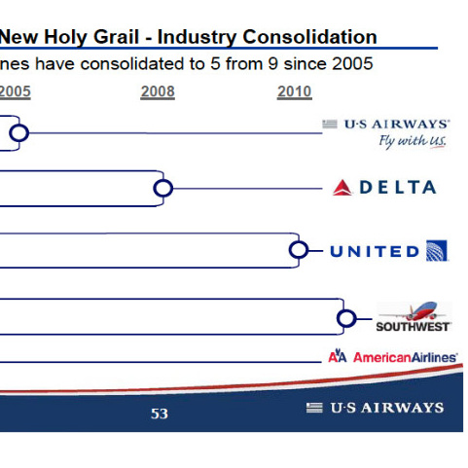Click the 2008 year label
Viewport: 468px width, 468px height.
(158, 91)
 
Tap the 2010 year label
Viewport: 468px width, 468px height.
(295, 91)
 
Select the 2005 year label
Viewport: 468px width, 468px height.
(15, 91)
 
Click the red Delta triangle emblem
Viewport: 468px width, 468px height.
(342, 188)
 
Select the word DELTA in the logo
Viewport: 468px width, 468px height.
(398, 188)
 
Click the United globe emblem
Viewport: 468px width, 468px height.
(437, 250)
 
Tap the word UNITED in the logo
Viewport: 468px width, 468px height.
(375, 252)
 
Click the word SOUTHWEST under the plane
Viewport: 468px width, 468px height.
(413, 327)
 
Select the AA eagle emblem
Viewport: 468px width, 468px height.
(338, 356)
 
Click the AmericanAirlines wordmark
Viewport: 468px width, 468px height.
(406, 357)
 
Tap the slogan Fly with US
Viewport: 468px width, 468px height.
(413, 142)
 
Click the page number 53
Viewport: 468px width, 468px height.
(160, 414)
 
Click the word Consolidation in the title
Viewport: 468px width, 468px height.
(309, 37)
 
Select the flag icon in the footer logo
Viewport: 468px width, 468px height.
(314, 408)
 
